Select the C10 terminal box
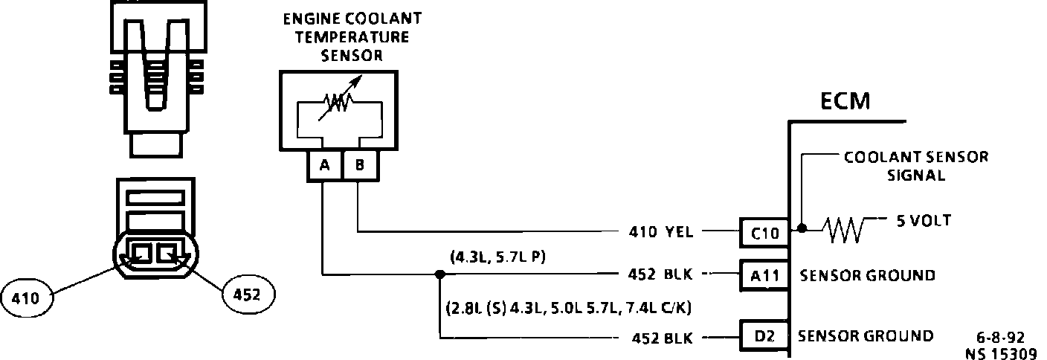(762, 233)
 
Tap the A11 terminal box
(762, 275)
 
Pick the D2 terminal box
(762, 337)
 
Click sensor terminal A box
(324, 166)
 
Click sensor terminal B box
(359, 166)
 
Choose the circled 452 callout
(248, 295)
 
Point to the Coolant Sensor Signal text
(915, 167)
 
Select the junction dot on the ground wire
(439, 274)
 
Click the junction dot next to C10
(802, 227)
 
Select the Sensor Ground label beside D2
(865, 336)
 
